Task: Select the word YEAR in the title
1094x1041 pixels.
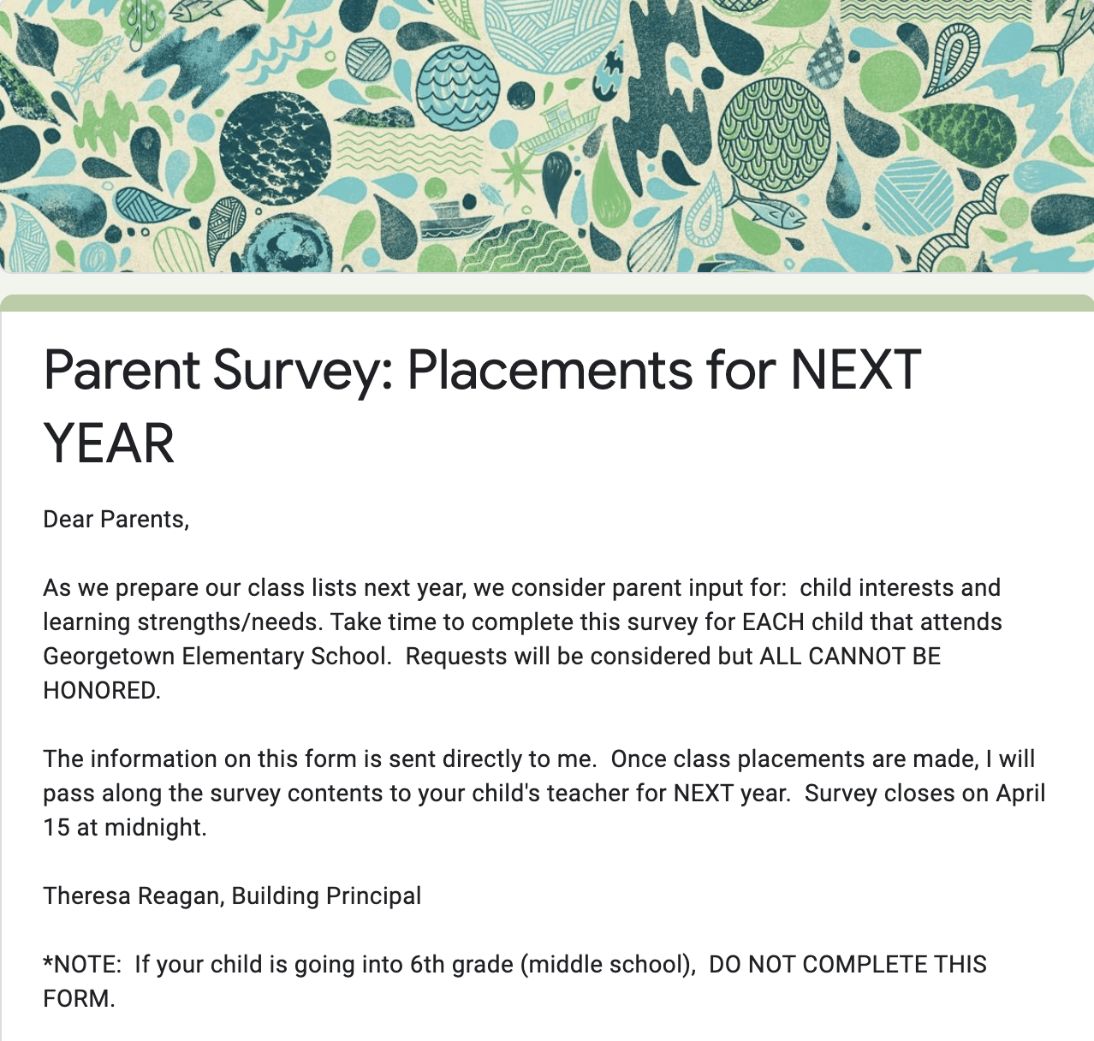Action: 109,443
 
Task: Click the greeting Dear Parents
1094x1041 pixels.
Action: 116,520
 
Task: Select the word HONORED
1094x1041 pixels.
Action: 102,690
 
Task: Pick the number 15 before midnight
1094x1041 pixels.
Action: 56,828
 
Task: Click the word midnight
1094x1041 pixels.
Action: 155,829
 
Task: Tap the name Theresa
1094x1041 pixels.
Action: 86,896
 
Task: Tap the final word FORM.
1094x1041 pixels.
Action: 79,999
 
